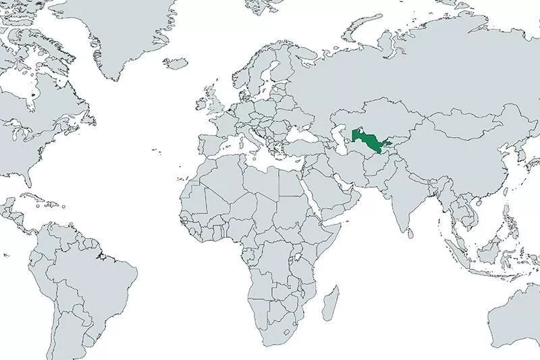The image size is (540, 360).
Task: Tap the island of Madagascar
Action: [x=330, y=303]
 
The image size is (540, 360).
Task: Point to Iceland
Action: [x=176, y=63]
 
